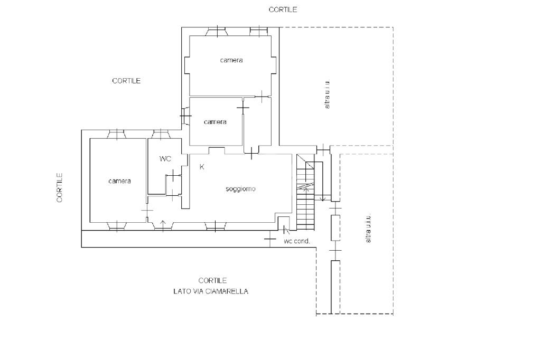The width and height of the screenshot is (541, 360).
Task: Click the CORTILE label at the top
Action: (x=283, y=10)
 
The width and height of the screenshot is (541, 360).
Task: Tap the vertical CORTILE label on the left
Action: (x=60, y=187)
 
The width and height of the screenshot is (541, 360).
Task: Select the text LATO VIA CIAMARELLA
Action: (x=210, y=291)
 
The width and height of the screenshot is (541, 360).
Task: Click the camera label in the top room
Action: (x=231, y=60)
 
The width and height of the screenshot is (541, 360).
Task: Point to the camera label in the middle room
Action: (x=215, y=122)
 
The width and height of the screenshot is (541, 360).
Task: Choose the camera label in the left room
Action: (x=119, y=181)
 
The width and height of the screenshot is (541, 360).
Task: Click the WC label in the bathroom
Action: (x=165, y=159)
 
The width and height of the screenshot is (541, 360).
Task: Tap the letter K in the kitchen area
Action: (x=202, y=167)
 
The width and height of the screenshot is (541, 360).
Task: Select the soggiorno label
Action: (x=240, y=189)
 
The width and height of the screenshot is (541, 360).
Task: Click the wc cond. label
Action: (x=297, y=241)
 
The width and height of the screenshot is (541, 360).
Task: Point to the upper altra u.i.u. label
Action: (x=328, y=94)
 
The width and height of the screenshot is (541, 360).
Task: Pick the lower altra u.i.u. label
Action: (x=368, y=228)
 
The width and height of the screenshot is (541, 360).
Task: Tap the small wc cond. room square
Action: (x=284, y=223)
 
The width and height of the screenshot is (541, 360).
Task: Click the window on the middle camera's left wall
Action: (x=185, y=116)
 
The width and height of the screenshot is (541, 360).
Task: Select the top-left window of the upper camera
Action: (x=217, y=32)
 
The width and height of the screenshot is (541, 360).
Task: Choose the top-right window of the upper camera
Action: (x=259, y=32)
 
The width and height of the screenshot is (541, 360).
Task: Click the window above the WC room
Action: (x=160, y=134)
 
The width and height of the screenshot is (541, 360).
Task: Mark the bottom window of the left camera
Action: (x=116, y=226)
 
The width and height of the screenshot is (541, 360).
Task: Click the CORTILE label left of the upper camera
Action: (x=126, y=81)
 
